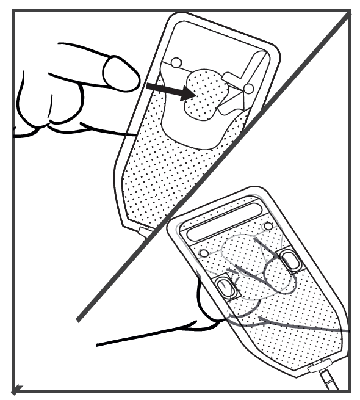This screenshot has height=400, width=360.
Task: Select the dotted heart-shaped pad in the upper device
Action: click(204, 96)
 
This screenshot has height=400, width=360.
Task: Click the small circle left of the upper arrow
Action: click(176, 62)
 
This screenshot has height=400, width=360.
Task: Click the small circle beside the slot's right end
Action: click(265, 227)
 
